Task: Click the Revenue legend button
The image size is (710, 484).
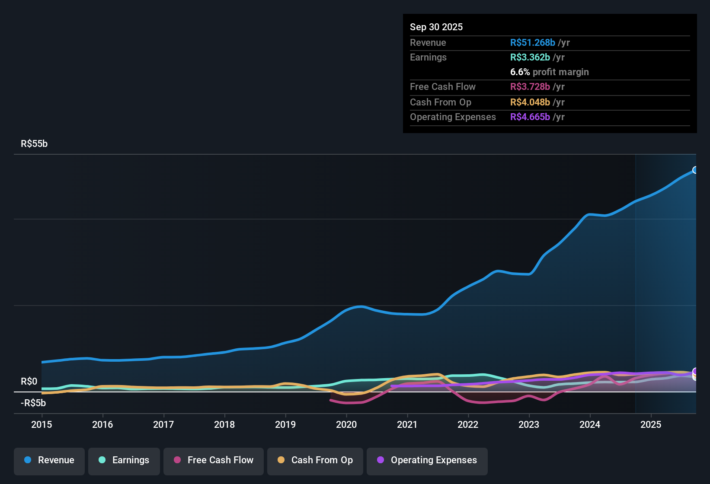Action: click(49, 460)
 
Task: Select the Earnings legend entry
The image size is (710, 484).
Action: click(124, 460)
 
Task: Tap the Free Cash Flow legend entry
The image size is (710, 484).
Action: click(214, 460)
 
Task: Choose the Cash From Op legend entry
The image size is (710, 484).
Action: click(315, 460)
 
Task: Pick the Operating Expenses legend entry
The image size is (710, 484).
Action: click(427, 460)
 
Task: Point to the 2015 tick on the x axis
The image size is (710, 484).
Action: click(42, 424)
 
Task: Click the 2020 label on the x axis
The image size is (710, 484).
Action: click(346, 424)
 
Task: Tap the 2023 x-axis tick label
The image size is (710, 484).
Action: click(529, 424)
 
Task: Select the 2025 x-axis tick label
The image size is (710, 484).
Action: click(651, 424)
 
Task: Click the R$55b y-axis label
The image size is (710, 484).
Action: click(34, 144)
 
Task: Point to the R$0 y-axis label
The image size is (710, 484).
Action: click(29, 382)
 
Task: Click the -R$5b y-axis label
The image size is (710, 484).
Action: click(33, 403)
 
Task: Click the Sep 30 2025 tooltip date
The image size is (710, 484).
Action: click(436, 27)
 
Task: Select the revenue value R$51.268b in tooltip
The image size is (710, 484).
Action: click(532, 43)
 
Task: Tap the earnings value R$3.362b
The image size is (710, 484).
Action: click(530, 57)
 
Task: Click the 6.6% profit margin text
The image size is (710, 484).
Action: click(549, 72)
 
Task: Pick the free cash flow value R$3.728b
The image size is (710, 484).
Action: click(530, 87)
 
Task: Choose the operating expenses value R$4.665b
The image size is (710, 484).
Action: click(530, 117)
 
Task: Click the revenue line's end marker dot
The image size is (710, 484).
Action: click(695, 170)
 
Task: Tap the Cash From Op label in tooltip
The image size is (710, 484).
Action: click(440, 102)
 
